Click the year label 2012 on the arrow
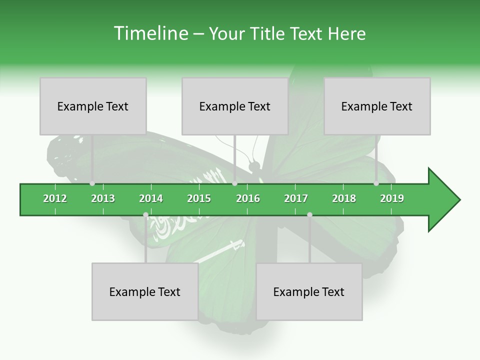pyautogui.click(x=55, y=198)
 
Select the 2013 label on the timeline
pyautogui.click(x=103, y=198)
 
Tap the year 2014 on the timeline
pyautogui.click(x=151, y=198)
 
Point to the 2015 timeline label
pyautogui.click(x=199, y=198)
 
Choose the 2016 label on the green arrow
pyautogui.click(x=248, y=198)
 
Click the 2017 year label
pyautogui.click(x=296, y=198)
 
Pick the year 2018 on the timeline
pyautogui.click(x=344, y=198)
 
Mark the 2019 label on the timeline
pyautogui.click(x=392, y=198)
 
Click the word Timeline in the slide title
pyautogui.click(x=150, y=33)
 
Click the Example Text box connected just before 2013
pyautogui.click(x=93, y=106)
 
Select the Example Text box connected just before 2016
pyautogui.click(x=235, y=106)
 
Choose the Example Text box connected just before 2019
pyautogui.click(x=377, y=106)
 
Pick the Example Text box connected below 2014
pyautogui.click(x=145, y=291)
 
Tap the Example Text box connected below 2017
pyautogui.click(x=309, y=291)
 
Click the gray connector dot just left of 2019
pyautogui.click(x=376, y=183)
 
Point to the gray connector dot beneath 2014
pyautogui.click(x=145, y=215)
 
